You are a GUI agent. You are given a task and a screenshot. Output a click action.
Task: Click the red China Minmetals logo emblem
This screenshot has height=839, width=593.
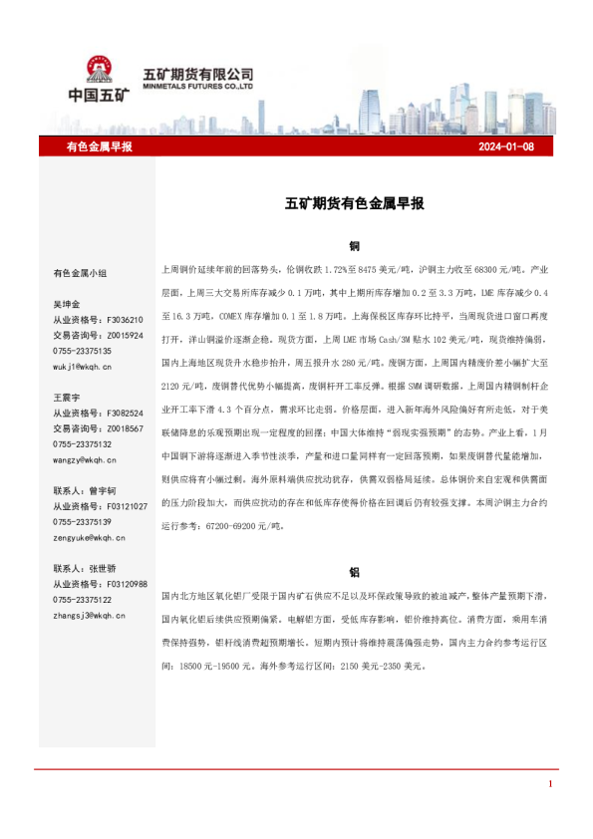[x=99, y=70]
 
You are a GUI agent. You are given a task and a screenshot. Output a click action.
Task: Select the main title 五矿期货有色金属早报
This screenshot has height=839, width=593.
[x=355, y=203]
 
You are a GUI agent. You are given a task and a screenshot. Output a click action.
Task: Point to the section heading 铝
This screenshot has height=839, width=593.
[x=354, y=573]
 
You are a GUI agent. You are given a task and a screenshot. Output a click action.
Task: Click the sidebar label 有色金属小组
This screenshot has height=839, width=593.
[x=81, y=271]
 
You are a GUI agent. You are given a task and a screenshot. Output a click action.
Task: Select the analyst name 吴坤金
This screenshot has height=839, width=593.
[x=67, y=304]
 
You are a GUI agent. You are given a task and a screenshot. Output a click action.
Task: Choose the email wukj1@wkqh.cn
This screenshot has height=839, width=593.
[x=82, y=368]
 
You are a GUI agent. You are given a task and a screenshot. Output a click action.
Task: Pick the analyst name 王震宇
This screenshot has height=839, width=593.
[x=67, y=397]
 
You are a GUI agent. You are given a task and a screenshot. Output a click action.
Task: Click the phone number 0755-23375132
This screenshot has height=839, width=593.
[x=82, y=444]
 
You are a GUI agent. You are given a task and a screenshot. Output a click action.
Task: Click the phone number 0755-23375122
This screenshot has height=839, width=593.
[x=82, y=600]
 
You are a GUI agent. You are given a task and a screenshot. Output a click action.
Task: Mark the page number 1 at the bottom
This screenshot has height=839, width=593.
[x=549, y=785]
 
